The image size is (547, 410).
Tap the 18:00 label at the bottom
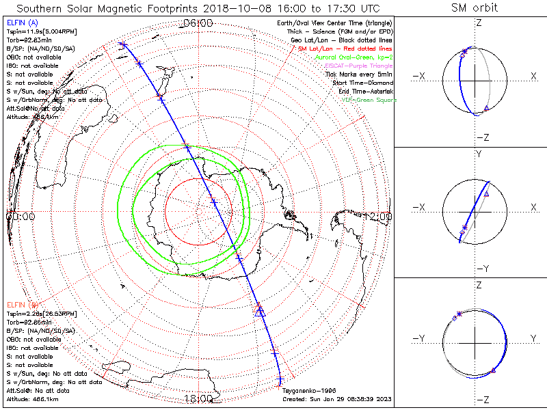(198, 398)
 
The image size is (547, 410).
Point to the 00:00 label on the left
(20, 216)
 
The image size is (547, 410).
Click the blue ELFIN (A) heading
(21, 24)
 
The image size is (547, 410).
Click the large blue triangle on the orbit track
(259, 311)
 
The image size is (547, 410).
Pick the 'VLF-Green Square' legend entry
(369, 100)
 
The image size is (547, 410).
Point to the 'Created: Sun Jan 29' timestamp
(336, 398)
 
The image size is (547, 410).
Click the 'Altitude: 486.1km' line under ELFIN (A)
(32, 117)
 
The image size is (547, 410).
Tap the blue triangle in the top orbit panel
(486, 109)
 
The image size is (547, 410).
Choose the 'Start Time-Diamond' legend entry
(362, 83)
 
